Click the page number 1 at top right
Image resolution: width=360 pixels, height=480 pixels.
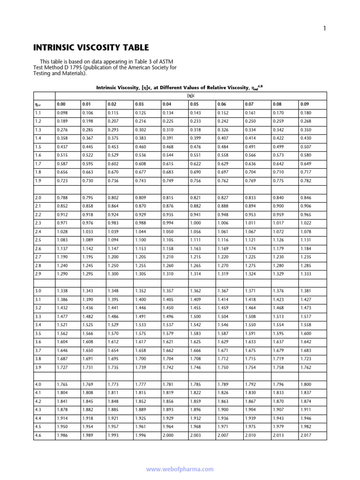click(x=324, y=29)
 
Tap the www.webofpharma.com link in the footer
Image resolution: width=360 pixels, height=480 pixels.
click(x=180, y=469)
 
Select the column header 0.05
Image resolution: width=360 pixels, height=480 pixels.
click(x=195, y=104)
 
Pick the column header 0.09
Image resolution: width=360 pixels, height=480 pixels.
click(x=305, y=104)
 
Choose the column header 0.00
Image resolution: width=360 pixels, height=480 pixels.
click(x=61, y=104)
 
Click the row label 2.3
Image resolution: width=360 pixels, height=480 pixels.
click(x=38, y=223)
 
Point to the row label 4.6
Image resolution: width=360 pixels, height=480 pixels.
click(x=38, y=435)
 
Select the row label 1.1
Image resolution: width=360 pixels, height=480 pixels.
click(x=38, y=113)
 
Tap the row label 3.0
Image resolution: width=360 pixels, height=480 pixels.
click(x=38, y=291)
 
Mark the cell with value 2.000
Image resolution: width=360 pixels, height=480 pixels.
click(x=168, y=435)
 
